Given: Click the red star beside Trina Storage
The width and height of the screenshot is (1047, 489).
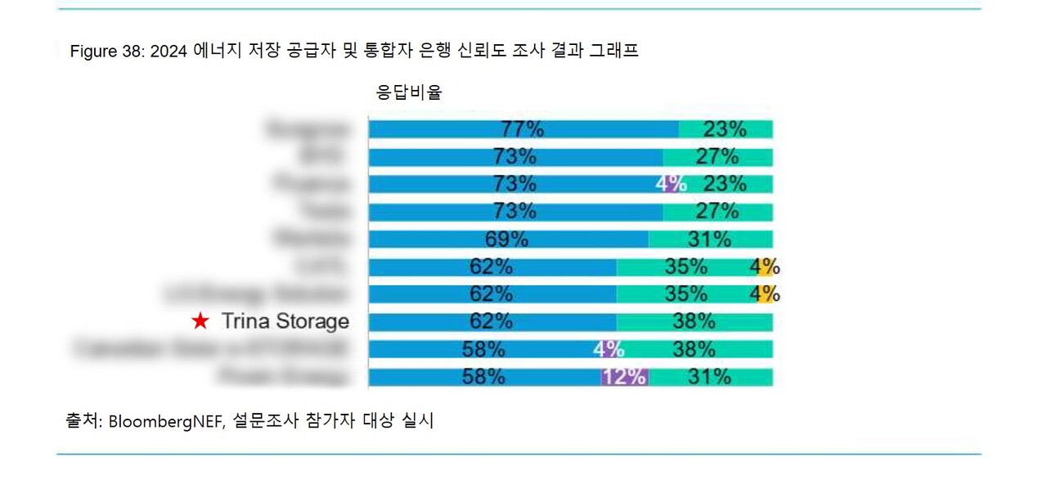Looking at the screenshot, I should [200, 321].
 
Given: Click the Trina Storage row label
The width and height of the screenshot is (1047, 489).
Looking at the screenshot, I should [285, 321].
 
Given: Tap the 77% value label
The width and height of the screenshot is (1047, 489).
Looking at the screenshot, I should [523, 129].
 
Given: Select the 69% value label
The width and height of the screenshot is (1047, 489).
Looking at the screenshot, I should [508, 239].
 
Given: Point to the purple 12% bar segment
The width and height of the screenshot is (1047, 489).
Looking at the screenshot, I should [625, 377].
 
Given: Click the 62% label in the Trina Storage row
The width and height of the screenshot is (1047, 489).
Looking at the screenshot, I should [492, 321].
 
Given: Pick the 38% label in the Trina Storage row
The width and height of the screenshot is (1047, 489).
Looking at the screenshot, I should [694, 321].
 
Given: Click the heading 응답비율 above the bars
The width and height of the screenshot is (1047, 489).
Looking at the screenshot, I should [409, 92].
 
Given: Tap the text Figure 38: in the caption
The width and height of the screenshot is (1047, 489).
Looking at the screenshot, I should [107, 52].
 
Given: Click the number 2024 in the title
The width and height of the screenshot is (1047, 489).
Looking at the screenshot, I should [170, 52].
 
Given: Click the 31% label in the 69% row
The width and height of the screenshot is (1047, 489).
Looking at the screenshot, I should [709, 239].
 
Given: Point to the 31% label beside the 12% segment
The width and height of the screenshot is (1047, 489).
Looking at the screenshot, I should [709, 377].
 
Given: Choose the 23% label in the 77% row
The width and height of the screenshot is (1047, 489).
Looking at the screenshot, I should [725, 129].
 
